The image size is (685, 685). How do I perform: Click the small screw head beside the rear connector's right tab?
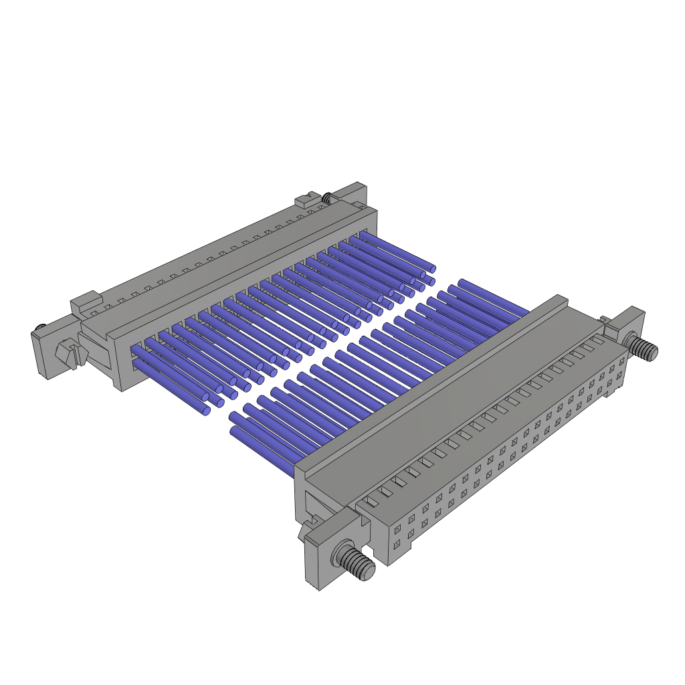[326, 198]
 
